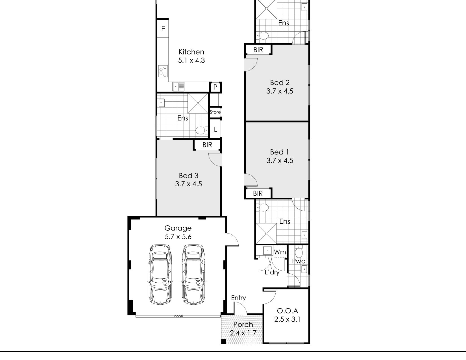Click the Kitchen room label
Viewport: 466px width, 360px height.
pos(191,52)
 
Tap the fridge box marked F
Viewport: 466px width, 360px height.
pos(163,29)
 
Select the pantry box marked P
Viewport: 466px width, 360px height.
pos(215,87)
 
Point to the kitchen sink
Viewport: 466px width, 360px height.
pos(178,87)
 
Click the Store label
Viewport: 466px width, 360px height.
pos(215,112)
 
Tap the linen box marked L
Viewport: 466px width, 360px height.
pos(215,130)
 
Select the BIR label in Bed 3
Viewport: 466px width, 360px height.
pos(207,145)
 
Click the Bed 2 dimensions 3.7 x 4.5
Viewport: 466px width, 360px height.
pos(280,91)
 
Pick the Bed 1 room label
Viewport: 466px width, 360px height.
pos(279,152)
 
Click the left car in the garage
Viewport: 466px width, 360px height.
pos(160,274)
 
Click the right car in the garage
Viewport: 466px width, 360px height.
pos(193,274)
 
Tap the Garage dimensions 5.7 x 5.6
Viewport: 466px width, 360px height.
pos(178,237)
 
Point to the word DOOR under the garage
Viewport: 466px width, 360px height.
pos(178,316)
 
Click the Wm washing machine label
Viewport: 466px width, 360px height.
pos(280,252)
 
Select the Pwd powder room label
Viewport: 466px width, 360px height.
pos(299,261)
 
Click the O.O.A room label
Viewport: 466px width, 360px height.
pos(288,311)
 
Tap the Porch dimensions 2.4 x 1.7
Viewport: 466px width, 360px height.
pos(243,333)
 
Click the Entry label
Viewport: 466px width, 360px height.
pos(238,298)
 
